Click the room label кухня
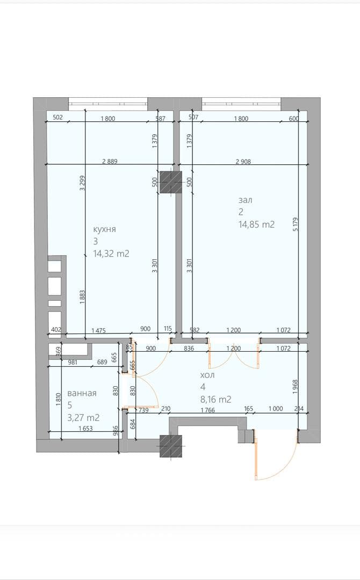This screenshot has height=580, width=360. coord(104,229)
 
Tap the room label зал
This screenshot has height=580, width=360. coord(246,200)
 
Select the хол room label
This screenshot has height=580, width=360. coord(207,375)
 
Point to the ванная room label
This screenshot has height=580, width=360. coord(82,393)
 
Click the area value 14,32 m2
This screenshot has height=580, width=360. coord(111,253)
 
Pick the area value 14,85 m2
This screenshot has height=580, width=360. coord(257,224)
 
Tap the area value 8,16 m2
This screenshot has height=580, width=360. coord(215,400)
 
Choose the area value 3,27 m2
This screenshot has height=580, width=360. coord(83,418)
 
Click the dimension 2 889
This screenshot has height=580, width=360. coord(110,161)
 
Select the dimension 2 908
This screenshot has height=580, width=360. coord(243,161)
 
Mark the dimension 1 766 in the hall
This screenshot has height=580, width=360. coord(207,409)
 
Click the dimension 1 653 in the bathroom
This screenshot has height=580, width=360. coord(85,429)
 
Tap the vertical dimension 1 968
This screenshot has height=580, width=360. coord(295,387)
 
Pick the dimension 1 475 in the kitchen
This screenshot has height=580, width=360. coord(98,330)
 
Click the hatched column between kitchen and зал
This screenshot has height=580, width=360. coord(171,183)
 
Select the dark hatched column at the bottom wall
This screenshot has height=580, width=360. coord(171,446)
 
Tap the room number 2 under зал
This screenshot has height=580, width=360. coord(241,212)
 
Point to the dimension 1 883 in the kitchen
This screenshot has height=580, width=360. coord(83,297)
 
